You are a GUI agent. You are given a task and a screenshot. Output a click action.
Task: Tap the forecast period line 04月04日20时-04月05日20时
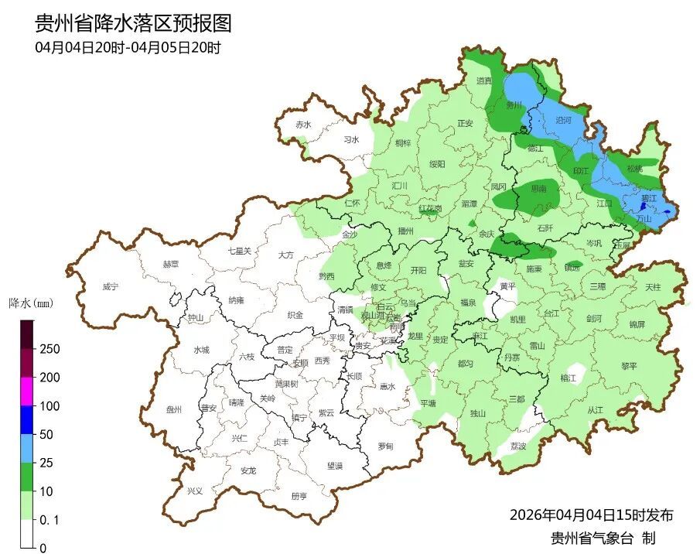click(128, 48)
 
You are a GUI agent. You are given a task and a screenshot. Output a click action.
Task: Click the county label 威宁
click(111, 286)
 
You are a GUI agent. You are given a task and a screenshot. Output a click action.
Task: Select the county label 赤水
click(302, 125)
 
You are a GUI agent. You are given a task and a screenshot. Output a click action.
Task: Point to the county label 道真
click(484, 80)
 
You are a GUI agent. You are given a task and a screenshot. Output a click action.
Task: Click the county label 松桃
click(634, 168)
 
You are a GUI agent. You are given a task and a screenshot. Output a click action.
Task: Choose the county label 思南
click(538, 188)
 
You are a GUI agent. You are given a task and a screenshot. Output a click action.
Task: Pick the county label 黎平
click(629, 366)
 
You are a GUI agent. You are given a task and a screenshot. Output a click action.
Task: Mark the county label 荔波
click(518, 446)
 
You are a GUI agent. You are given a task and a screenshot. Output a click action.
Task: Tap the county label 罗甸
click(384, 446)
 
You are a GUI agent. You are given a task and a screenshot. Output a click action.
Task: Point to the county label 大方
click(285, 255)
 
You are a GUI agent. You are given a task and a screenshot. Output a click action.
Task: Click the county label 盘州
click(173, 410)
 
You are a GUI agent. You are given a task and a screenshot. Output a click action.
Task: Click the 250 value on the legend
click(50, 349)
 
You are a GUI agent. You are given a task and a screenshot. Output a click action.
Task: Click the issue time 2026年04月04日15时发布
click(591, 515)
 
